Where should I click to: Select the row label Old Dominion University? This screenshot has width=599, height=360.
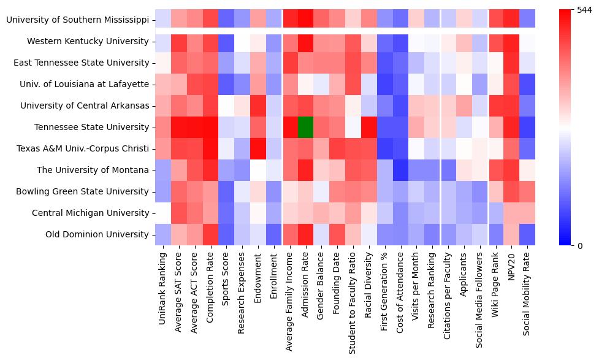(97, 234)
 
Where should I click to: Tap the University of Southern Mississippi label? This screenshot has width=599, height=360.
(77, 20)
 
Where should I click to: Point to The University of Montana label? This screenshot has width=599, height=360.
(93, 170)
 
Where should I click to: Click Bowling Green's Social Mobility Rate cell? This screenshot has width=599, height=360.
(528, 191)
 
